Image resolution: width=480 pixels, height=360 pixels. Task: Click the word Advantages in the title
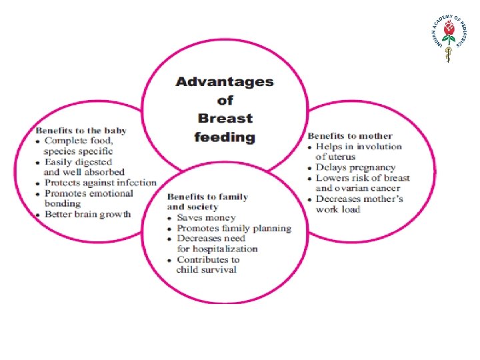(x=224, y=82)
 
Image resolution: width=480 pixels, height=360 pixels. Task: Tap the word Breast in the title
(x=225, y=119)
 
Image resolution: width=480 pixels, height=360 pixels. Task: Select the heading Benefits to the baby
(x=81, y=130)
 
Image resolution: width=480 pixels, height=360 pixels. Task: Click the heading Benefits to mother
(x=350, y=136)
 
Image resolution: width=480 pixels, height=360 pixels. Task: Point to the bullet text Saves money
(x=206, y=218)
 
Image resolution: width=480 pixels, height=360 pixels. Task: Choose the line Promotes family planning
(x=234, y=228)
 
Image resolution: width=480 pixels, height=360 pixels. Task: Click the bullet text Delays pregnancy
(x=355, y=168)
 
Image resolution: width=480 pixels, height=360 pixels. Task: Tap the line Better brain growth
(x=87, y=214)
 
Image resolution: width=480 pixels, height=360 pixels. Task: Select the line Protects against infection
(x=100, y=183)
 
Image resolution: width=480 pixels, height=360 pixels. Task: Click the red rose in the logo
(x=449, y=30)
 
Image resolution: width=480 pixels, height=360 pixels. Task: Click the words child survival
(x=206, y=269)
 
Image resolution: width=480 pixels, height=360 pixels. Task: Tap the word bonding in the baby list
(x=62, y=203)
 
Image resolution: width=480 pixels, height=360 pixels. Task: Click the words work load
(x=338, y=209)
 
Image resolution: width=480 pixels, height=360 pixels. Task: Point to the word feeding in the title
(x=225, y=137)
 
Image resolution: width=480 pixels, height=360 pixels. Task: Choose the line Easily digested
(x=78, y=162)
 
